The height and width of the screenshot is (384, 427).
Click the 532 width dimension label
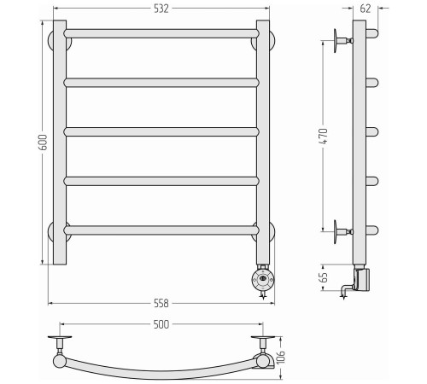pos(161,9)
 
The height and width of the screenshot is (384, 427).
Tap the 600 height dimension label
pos(43,143)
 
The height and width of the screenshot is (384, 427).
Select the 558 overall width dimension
pos(161,303)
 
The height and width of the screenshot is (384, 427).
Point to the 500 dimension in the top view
pos(161,324)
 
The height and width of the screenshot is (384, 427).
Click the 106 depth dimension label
pos(280,358)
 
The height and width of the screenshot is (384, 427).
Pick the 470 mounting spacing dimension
pos(324,137)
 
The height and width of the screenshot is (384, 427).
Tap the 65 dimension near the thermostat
pos(324,277)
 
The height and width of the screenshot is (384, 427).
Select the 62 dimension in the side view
pos(366,9)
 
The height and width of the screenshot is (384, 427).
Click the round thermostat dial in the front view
pos(263,279)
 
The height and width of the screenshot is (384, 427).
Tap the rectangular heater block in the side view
pos(362,280)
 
